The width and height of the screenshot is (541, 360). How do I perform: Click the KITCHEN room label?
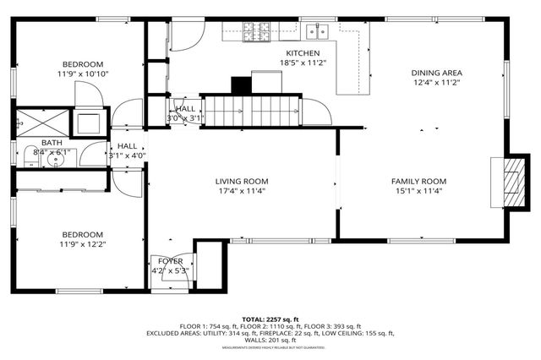pos(302,52)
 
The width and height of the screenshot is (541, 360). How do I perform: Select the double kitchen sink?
pos(318,31)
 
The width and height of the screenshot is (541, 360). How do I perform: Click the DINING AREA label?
pos(437,73)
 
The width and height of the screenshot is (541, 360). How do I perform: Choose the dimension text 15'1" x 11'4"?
pos(418,191)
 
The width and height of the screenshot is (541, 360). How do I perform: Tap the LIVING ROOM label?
pos(241,181)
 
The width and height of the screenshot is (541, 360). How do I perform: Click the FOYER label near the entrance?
pos(169,261)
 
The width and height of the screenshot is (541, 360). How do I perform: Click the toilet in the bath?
pos(30,157)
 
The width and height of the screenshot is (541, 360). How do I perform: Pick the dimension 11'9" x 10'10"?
pos(82,74)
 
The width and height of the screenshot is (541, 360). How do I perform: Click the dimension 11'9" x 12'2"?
pos(82,244)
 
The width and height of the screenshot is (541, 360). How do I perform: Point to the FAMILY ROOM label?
pos(418,181)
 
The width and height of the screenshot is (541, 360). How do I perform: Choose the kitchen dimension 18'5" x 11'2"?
pos(302,63)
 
